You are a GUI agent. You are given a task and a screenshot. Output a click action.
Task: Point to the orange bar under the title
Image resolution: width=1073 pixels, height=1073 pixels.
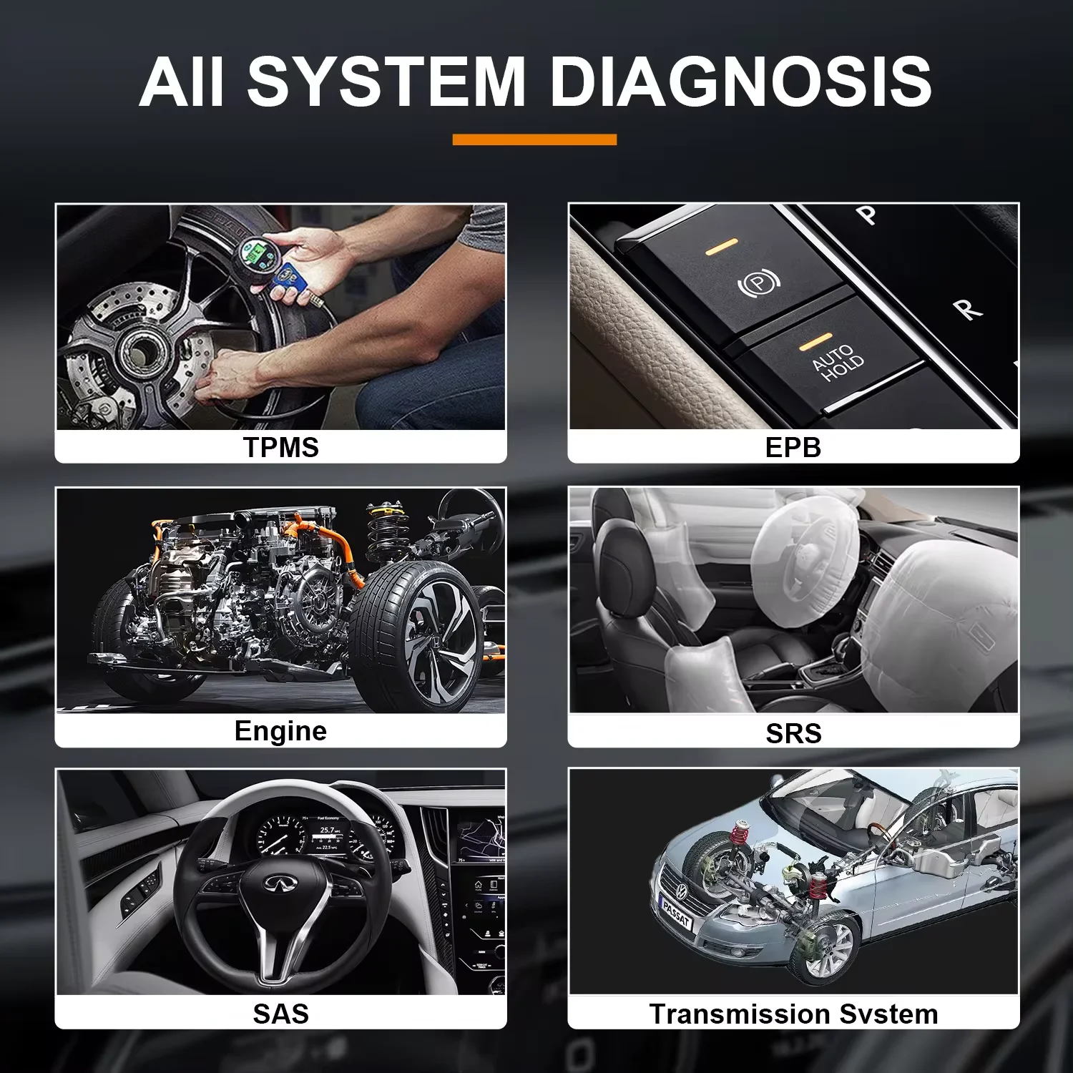534,139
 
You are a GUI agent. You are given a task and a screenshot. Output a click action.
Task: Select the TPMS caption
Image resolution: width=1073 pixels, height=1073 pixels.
281,447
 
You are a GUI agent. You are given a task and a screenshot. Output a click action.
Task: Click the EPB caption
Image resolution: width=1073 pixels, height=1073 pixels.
793,447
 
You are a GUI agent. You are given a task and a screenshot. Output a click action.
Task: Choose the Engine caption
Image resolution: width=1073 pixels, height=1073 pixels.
280,731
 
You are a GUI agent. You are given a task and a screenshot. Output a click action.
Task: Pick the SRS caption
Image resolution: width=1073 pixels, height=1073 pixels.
793,733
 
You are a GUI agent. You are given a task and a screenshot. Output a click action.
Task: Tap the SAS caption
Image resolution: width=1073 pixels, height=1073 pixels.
281,1014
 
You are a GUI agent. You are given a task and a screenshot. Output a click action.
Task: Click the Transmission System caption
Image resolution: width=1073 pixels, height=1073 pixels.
793,1014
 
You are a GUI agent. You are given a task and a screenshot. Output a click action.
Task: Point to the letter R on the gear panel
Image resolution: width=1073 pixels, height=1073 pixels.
967,309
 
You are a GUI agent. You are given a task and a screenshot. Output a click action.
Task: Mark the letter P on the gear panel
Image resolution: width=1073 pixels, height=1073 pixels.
867,214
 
